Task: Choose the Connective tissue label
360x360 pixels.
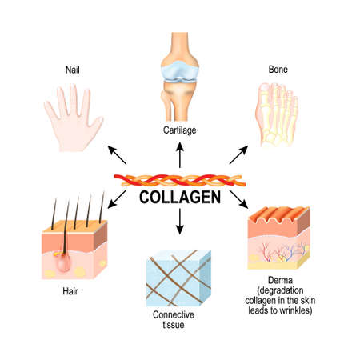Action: pyautogui.click(x=180, y=319)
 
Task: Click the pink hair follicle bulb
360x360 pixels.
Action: pyautogui.click(x=58, y=260)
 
